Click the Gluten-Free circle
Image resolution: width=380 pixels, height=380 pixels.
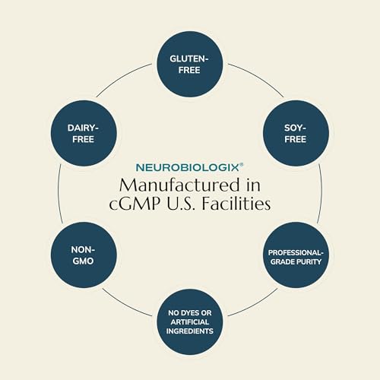point(190,64)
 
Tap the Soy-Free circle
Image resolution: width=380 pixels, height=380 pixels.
point(296,133)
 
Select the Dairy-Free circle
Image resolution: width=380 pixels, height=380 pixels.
point(84,133)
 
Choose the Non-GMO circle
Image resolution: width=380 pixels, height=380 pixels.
point(84,255)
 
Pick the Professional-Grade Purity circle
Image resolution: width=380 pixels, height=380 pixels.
point(296,255)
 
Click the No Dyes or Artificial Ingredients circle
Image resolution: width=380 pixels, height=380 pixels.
point(190,322)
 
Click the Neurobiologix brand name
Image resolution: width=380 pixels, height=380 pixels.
point(188,168)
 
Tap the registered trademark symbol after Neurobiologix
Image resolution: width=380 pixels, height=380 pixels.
point(242,165)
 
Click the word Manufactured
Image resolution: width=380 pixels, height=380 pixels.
point(179,185)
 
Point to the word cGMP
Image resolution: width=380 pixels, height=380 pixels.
point(135,203)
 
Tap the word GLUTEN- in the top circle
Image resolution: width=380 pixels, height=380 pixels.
point(189,59)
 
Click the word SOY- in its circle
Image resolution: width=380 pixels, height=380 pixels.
point(295,128)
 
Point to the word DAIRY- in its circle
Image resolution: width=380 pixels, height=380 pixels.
point(83,128)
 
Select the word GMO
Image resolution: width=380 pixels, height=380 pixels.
point(83,261)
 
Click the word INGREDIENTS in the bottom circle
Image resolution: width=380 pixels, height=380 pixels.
point(190,331)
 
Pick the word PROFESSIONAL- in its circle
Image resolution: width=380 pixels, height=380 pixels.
point(296,253)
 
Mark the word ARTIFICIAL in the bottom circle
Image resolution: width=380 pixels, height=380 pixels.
point(190,322)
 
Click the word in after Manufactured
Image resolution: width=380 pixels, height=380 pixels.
point(253,185)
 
